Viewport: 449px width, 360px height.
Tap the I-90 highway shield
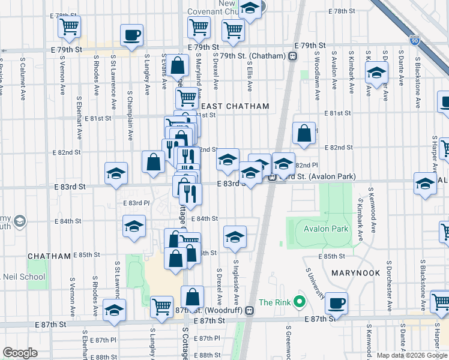[415, 41]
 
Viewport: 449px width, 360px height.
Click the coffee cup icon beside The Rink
[337, 303]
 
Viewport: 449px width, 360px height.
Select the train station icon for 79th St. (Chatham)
[293, 56]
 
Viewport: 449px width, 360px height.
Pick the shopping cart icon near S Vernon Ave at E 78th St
[70, 27]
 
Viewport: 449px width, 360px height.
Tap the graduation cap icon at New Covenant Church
[250, 9]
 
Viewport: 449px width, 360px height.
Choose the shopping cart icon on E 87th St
[161, 307]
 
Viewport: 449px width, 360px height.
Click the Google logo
[20, 353]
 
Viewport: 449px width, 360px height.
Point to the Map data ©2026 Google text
[411, 355]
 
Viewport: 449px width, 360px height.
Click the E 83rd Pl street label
[136, 203]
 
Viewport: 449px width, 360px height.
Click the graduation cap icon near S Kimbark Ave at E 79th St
[376, 73]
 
